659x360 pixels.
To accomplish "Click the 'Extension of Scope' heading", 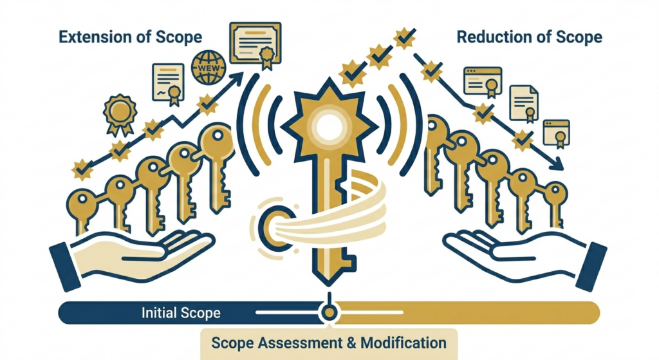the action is [x=130, y=37].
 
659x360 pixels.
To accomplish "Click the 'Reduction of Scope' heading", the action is [x=529, y=37].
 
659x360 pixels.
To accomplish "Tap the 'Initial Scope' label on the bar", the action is [x=181, y=313].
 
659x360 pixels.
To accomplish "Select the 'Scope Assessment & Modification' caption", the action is [x=329, y=343].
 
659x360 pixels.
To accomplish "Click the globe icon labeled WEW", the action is [x=209, y=67].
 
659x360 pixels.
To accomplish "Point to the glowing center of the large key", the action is [x=329, y=127].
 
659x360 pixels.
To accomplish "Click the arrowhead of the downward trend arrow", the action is [x=557, y=164].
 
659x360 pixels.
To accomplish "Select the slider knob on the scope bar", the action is [x=329, y=312].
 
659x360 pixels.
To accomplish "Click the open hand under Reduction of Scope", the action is [x=525, y=256].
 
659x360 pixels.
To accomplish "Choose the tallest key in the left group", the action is [x=217, y=167].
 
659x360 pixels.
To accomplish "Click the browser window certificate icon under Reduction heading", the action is [x=483, y=82].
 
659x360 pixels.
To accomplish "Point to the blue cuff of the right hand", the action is [x=592, y=267].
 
